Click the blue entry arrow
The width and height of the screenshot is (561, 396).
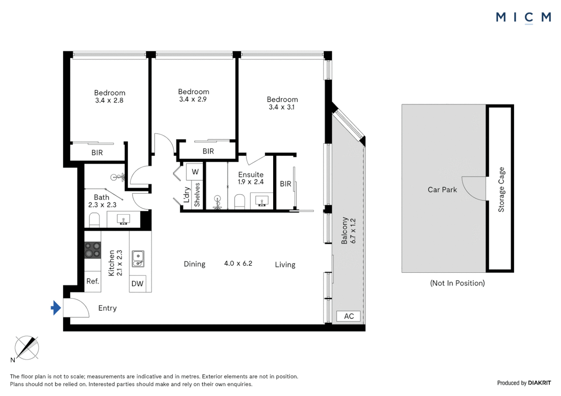point(56,308)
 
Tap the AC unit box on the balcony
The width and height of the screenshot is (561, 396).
point(348,316)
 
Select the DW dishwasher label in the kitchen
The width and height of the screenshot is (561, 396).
point(137,283)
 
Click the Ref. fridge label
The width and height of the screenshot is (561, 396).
point(93,282)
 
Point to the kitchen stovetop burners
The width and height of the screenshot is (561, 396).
point(93,250)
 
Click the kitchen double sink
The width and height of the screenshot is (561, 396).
point(138,259)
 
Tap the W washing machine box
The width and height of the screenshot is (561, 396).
point(195,172)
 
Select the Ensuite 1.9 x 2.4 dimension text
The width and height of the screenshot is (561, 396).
point(251,182)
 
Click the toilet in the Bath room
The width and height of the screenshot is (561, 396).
point(94,220)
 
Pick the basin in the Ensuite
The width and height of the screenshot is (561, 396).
point(262,201)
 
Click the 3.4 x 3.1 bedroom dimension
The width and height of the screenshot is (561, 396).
point(282,107)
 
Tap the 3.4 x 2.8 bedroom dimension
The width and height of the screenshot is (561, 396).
point(109,100)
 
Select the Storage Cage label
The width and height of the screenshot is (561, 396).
point(501,190)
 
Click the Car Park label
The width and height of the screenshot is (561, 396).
point(442,190)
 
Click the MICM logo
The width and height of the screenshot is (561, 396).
point(524,18)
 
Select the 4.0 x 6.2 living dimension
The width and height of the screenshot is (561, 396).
point(238,263)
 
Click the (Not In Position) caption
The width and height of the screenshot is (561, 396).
point(457,283)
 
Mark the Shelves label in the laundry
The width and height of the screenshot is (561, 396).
point(197,195)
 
